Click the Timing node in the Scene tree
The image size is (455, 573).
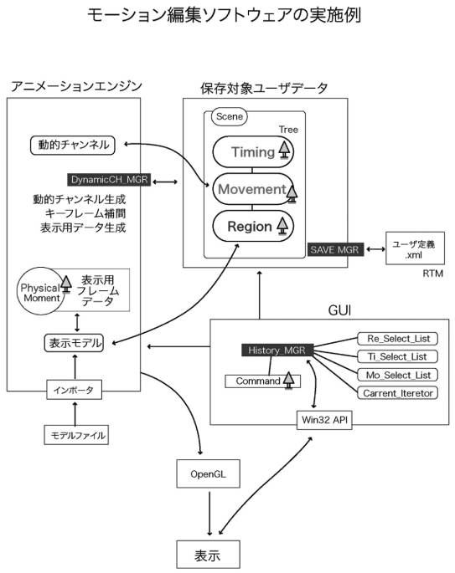point(253,151)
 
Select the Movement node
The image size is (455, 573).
point(253,189)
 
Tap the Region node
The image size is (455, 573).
point(253,226)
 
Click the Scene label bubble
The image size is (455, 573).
point(230,117)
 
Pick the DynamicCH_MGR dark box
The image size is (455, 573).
point(109,179)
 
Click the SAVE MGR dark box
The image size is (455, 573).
point(335,249)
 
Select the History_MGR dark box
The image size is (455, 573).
point(277,350)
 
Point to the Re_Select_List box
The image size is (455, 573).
point(397,339)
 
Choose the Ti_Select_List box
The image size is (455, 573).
point(397,356)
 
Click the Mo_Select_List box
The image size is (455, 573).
point(397,375)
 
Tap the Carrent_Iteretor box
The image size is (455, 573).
point(397,393)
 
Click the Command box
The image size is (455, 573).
point(262,381)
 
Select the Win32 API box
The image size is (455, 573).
point(324,420)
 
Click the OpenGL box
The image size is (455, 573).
point(209,474)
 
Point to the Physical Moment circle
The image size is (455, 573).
point(40,292)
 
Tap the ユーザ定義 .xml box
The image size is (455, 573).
point(415,248)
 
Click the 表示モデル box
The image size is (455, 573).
point(74,344)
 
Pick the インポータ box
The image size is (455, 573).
point(74,390)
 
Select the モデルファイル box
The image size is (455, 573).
point(76,435)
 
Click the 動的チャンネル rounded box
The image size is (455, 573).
point(72,145)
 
